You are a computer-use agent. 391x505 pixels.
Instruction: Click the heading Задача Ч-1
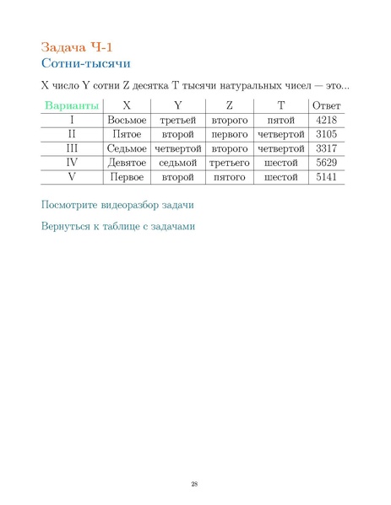[76, 46]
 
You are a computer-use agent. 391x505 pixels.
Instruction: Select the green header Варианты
[72, 105]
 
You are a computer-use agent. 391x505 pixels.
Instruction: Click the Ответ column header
[326, 105]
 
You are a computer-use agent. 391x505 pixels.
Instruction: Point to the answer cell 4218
[326, 120]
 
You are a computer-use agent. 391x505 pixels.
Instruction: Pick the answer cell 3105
[326, 134]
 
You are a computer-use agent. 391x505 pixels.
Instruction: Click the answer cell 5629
[326, 163]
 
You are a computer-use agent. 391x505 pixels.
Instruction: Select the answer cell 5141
[326, 177]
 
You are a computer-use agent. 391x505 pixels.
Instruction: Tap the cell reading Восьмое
[127, 120]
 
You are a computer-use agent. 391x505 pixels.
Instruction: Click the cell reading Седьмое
[127, 148]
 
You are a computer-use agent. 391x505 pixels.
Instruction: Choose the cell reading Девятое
[127, 163]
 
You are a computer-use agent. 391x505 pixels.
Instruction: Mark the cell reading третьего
[229, 163]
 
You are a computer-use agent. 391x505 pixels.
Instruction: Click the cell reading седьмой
[177, 163]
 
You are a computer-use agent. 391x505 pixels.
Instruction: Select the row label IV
[72, 163]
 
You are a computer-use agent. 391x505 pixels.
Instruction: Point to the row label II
[72, 134]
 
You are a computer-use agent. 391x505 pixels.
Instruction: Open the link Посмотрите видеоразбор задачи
[117, 205]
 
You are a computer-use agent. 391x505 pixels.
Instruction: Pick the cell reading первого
[229, 134]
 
